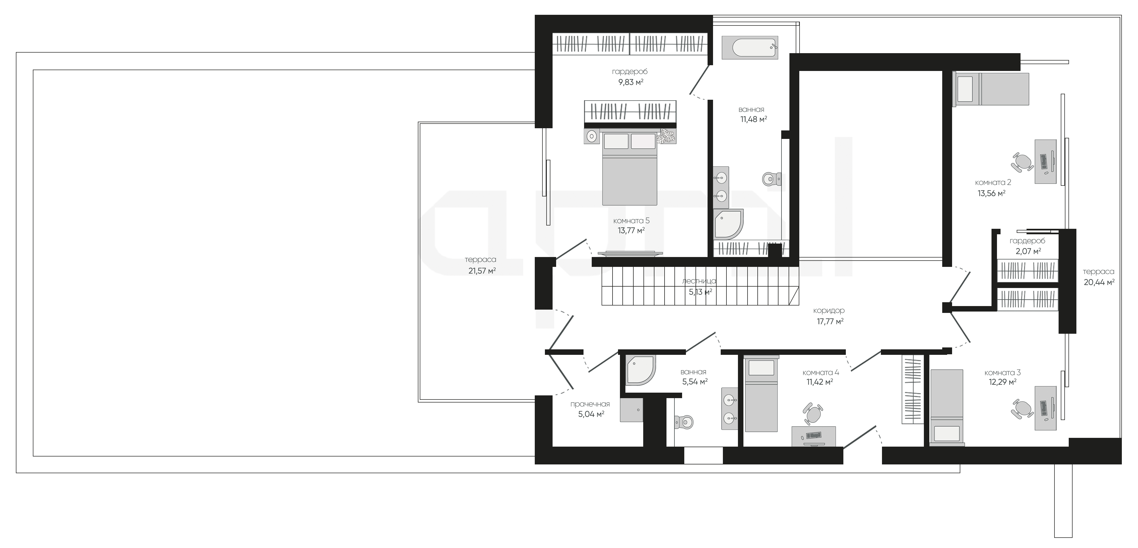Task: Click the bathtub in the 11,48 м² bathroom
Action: (x=750, y=47)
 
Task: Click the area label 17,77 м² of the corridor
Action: (x=830, y=321)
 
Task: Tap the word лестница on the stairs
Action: (x=699, y=281)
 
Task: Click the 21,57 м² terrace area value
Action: (x=482, y=271)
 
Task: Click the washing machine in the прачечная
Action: (x=631, y=410)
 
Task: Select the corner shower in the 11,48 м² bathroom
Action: (x=728, y=224)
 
